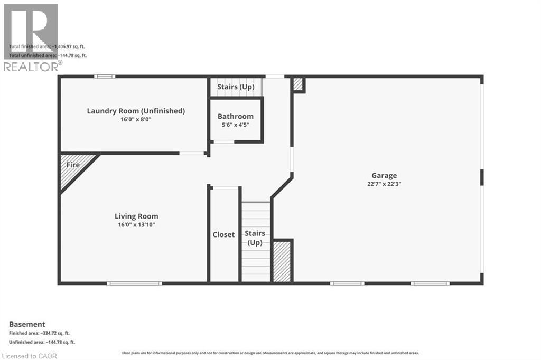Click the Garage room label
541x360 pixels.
384,176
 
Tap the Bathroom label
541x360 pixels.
236,116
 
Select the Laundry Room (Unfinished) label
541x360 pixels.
136,111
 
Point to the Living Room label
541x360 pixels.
136,216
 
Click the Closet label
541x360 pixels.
223,234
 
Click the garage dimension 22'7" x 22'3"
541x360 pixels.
384,184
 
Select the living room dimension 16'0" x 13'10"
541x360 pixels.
136,225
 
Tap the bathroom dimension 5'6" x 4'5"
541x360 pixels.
236,125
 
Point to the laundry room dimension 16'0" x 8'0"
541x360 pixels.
136,120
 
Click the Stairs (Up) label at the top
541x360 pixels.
236,87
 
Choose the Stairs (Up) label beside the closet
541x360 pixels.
255,238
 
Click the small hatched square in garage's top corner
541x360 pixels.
298,84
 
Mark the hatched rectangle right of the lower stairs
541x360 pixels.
283,262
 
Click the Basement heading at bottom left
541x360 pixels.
27,324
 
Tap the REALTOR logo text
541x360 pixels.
31,67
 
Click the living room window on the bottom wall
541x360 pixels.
134,283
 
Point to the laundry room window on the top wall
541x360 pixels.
105,77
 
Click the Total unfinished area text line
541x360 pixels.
48,55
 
